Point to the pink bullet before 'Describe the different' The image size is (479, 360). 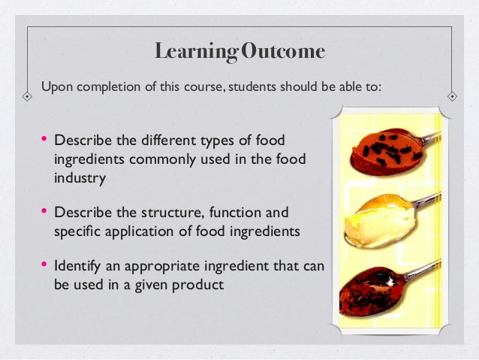tap(44, 139)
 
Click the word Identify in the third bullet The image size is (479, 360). tap(77, 267)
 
